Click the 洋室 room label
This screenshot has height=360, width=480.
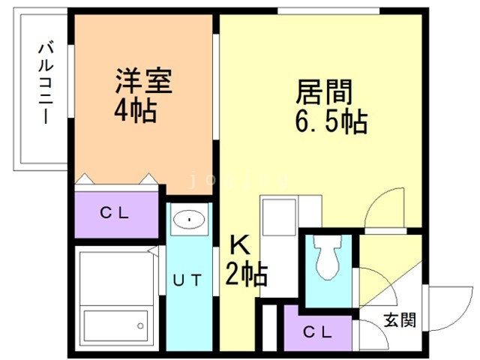(x=143, y=81)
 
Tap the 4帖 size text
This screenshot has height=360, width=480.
(x=136, y=111)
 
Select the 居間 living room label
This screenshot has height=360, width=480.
(x=324, y=91)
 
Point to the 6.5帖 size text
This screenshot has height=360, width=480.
(x=331, y=121)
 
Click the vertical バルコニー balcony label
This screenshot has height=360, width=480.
(x=46, y=84)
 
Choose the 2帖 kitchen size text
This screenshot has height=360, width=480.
(x=247, y=274)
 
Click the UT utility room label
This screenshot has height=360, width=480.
(x=187, y=280)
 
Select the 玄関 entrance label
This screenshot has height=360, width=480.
(x=400, y=320)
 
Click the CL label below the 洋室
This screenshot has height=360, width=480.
(x=115, y=213)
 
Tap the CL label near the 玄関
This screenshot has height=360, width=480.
(x=317, y=331)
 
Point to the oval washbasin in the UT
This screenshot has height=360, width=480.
(x=189, y=220)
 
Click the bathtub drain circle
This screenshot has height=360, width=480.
(x=140, y=325)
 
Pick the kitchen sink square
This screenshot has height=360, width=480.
(x=279, y=217)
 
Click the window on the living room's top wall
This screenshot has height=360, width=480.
(x=328, y=11)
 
